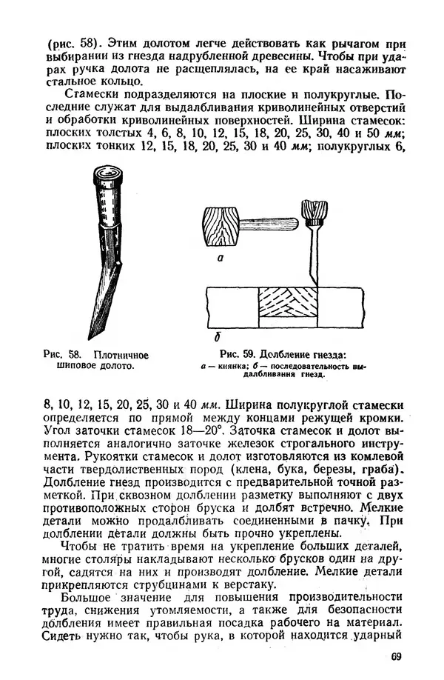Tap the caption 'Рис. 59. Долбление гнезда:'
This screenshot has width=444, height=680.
click(283, 354)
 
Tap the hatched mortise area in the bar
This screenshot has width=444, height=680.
click(287, 307)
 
